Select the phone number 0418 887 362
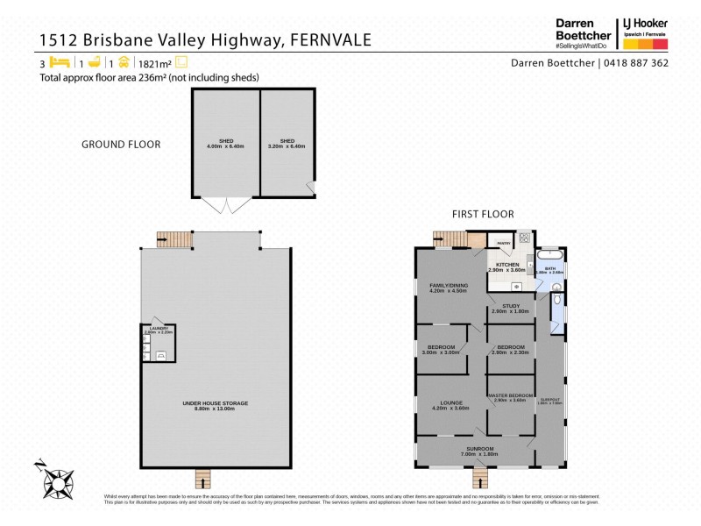636,62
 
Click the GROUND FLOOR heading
121,145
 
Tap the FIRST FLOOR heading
483,214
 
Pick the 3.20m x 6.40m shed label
287,143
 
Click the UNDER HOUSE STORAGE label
215,404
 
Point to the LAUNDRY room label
159,329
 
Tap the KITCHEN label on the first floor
508,264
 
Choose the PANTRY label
503,243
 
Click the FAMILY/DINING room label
450,287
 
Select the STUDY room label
511,307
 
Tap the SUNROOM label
479,450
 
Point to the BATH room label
550,268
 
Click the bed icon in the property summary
59,62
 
